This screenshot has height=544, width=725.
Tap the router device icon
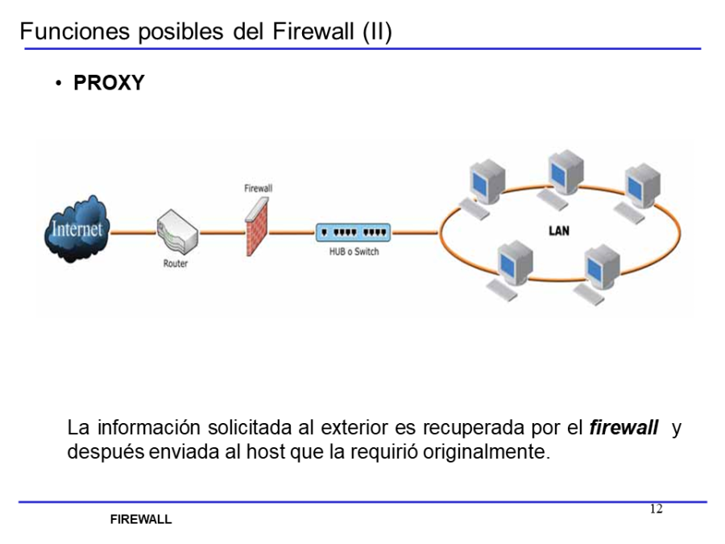coord(176,232)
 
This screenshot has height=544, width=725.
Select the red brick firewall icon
coord(258,226)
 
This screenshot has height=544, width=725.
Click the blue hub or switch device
coord(354,232)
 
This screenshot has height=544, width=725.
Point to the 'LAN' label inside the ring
coord(558,230)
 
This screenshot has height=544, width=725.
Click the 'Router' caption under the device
coord(176,264)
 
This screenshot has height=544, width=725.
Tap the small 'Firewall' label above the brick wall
coord(258,188)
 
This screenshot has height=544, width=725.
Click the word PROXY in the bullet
coord(109,83)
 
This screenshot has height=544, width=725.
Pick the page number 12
coord(656,509)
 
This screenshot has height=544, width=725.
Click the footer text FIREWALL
coord(141,520)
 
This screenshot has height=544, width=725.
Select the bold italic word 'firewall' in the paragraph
coord(623,428)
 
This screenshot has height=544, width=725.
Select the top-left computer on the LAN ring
coord(483,185)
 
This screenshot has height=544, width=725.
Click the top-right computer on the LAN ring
coord(640,187)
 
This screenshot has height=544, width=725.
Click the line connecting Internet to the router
coord(132,232)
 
